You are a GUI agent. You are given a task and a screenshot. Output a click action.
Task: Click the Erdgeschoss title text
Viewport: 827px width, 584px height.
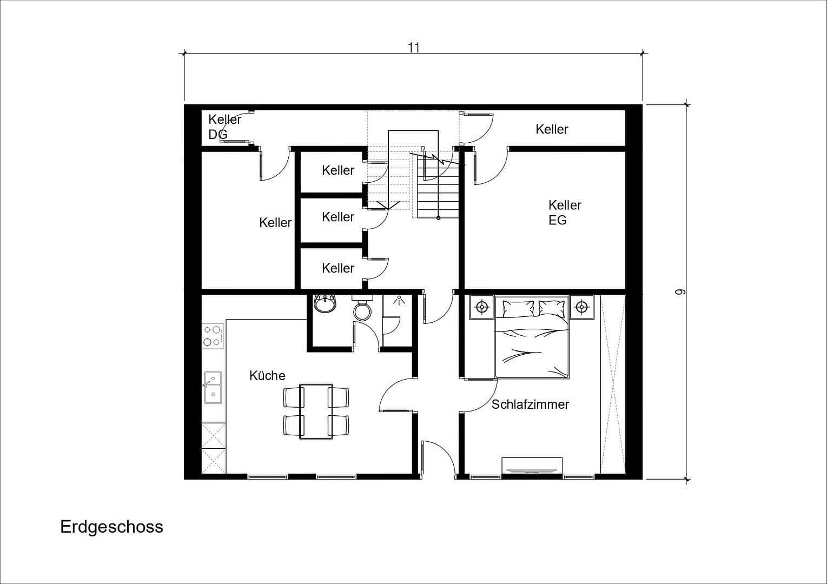111,527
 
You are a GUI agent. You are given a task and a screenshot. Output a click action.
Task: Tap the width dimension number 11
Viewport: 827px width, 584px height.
414,48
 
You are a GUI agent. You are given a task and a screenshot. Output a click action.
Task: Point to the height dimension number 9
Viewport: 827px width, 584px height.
680,292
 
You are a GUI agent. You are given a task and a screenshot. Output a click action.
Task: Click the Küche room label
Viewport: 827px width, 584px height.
267,375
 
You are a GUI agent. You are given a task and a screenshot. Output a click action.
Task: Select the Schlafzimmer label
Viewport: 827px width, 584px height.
530,404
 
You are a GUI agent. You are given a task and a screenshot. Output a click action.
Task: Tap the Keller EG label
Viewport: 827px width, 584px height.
564,213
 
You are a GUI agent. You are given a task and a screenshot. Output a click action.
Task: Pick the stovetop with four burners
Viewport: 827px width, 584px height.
213,335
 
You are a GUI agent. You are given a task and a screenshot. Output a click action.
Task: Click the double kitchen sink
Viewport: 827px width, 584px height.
213,388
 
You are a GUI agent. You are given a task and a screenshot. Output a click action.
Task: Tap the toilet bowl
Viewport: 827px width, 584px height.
362,310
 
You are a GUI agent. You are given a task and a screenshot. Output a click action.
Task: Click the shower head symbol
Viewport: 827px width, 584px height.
399,301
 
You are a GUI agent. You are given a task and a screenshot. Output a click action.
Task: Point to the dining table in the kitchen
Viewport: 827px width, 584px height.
316,411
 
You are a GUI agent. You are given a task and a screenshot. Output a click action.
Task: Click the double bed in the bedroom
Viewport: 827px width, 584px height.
532,338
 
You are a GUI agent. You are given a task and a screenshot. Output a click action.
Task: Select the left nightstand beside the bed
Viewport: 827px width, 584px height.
481,307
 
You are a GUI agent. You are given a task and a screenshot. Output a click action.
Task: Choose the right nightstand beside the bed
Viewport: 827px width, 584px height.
582,307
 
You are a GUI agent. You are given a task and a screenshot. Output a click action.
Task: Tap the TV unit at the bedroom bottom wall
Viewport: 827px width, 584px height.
532,466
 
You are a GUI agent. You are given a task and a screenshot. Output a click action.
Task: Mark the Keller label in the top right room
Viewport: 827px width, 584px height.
552,129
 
